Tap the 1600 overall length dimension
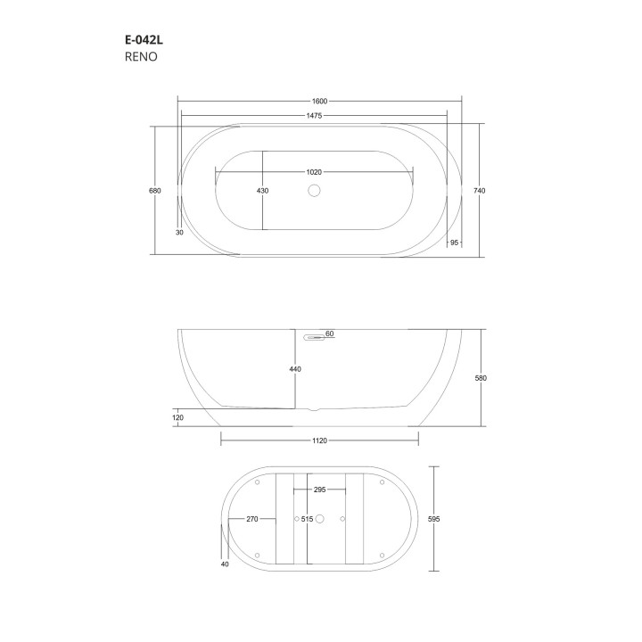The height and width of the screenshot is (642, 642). click(318, 101)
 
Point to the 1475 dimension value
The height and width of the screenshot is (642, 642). click(313, 116)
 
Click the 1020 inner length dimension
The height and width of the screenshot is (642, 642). click(313, 171)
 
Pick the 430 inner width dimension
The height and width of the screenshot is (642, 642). click(262, 190)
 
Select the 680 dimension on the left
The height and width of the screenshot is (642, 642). click(155, 190)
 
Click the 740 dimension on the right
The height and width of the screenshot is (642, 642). click(481, 190)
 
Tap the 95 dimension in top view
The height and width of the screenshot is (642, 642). click(455, 243)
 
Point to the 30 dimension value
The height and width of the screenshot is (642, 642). click(179, 232)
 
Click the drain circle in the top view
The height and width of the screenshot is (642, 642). click(313, 190)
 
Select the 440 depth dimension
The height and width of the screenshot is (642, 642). click(295, 369)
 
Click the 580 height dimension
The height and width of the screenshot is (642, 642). click(481, 378)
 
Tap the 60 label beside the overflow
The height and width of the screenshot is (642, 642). click(329, 333)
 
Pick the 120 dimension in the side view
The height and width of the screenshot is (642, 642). click(178, 416)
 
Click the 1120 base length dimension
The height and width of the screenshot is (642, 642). click(320, 439)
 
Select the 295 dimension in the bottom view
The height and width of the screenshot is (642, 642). click(318, 490)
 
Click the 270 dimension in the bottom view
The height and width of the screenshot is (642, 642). click(251, 518)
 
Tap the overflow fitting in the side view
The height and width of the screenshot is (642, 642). click(313, 337)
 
